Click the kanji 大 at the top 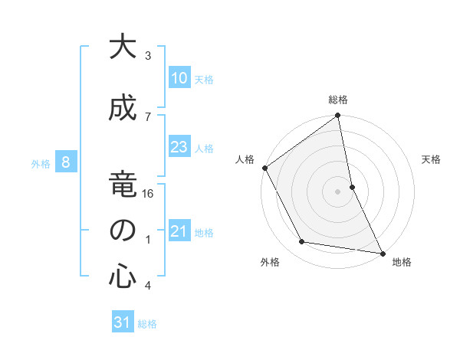point(122,48)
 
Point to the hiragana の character point(122,231)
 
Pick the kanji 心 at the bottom point(122,277)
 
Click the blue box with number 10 point(179,78)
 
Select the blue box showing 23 point(179,148)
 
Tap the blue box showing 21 point(179,232)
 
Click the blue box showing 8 point(66,162)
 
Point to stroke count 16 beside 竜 point(149,195)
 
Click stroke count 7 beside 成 point(148,116)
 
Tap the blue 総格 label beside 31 point(147,324)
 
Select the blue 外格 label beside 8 point(41,163)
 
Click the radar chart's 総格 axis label point(338,100)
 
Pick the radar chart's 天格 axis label point(432,159)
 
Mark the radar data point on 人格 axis point(264,168)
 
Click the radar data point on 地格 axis point(381,253)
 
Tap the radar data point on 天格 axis point(352,187)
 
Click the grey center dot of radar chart point(338,191)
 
